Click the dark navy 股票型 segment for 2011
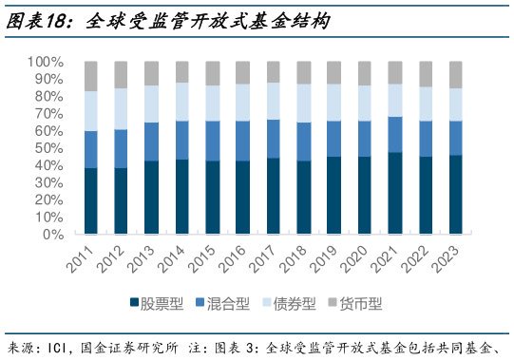point(91,200)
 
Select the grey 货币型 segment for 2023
point(455,74)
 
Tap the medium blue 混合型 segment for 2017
point(274,139)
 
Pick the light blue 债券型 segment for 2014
point(182,102)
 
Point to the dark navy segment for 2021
point(394,193)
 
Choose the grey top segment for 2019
point(333,72)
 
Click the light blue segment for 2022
point(425,104)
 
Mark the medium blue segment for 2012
point(122,148)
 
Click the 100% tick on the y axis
point(46,62)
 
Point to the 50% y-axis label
point(49,148)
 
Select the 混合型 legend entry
point(224,304)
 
